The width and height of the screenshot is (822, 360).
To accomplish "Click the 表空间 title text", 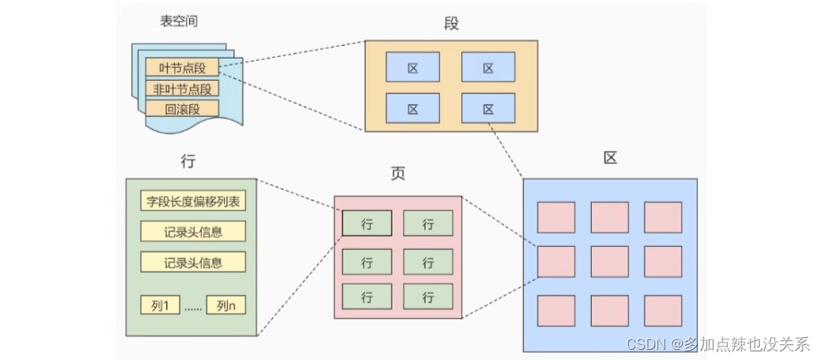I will point(178,21).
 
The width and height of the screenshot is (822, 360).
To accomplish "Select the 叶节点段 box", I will point(181,68).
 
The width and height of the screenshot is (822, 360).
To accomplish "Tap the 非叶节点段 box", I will point(181,89).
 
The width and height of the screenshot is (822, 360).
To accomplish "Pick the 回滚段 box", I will point(181,109).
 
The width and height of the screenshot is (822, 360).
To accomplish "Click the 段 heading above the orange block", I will point(451,24).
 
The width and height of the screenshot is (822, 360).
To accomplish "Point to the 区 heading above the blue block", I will point(609,157).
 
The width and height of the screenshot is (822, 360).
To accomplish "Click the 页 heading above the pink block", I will point(398,174).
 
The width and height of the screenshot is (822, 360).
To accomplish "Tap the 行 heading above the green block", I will point(188,161).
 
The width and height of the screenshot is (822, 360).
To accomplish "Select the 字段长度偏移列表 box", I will point(193,201).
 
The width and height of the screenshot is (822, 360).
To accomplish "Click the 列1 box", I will point(161,305).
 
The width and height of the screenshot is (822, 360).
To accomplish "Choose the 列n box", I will point(225,305).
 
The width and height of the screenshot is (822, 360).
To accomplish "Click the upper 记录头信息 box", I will point(193,231).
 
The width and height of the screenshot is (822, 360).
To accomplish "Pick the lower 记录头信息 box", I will point(193,262).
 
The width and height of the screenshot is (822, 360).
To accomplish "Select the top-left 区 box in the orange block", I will point(412,67).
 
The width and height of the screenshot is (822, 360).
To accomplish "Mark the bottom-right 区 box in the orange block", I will point(488,108).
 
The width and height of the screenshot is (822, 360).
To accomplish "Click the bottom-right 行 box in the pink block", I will point(428,297).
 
